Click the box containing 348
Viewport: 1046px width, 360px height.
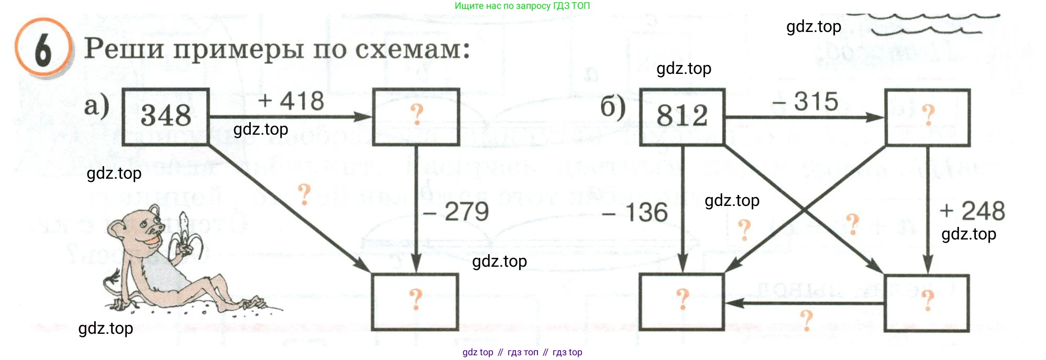click(166, 116)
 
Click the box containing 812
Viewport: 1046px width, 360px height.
click(682, 116)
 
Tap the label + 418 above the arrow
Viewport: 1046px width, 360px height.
click(291, 101)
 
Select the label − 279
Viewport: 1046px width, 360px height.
click(456, 212)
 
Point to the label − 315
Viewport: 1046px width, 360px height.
click(806, 102)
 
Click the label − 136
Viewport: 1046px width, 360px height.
click(635, 213)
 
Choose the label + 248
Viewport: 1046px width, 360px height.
click(972, 211)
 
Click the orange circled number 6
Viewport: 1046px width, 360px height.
click(43, 50)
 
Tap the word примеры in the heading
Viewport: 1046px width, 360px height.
click(238, 49)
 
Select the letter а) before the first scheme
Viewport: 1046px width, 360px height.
click(97, 106)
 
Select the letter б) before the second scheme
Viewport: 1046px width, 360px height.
click(613, 107)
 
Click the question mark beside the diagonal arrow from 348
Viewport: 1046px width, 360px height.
click(304, 194)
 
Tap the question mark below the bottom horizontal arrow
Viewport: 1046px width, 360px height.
click(807, 320)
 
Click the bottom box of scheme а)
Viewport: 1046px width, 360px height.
click(415, 302)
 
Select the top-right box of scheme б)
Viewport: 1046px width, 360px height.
click(927, 117)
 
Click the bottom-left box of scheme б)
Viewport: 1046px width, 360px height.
click(682, 302)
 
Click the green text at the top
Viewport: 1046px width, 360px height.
click(522, 6)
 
